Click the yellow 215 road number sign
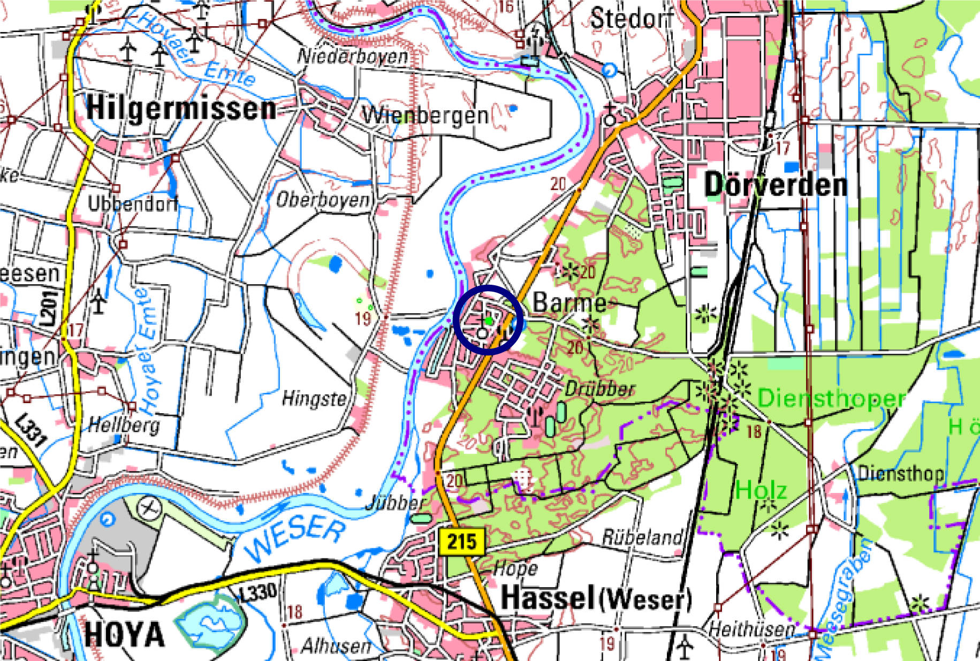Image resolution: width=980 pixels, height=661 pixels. pyautogui.click(x=461, y=541)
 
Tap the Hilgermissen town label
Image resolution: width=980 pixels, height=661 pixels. pyautogui.click(x=181, y=108)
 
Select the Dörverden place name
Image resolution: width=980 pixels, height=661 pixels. pyautogui.click(x=776, y=185)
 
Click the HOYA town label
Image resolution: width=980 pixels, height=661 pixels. pyautogui.click(x=124, y=635)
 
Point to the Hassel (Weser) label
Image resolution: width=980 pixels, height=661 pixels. pyautogui.click(x=595, y=598)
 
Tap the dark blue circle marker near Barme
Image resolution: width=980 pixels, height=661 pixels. pyautogui.click(x=488, y=320)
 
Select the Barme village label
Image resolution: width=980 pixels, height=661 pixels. pyautogui.click(x=569, y=303)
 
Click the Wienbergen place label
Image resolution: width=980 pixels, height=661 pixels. pyautogui.click(x=425, y=115)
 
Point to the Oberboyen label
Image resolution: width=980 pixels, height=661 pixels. pyautogui.click(x=322, y=200)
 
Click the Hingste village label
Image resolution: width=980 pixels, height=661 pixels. pyautogui.click(x=314, y=398)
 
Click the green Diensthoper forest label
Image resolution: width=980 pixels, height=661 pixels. pyautogui.click(x=831, y=398)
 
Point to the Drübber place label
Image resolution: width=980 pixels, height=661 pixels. pyautogui.click(x=600, y=389)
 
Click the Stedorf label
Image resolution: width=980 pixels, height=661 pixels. pyautogui.click(x=632, y=19)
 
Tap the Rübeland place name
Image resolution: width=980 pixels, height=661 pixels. pyautogui.click(x=642, y=537)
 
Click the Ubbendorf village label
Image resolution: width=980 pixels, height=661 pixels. pyautogui.click(x=132, y=203)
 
